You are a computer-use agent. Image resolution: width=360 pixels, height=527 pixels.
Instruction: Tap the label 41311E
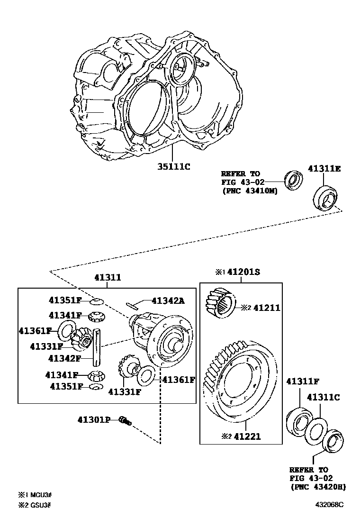[324, 168]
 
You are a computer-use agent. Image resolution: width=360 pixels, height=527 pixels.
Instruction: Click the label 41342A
[169, 300]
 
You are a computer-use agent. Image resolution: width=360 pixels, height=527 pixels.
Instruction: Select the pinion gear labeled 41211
[219, 305]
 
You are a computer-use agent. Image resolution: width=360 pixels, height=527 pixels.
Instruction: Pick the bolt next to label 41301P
[126, 420]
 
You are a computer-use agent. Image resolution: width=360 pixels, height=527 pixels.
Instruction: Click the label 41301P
[94, 419]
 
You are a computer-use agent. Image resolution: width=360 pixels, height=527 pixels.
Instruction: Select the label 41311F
[302, 381]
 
